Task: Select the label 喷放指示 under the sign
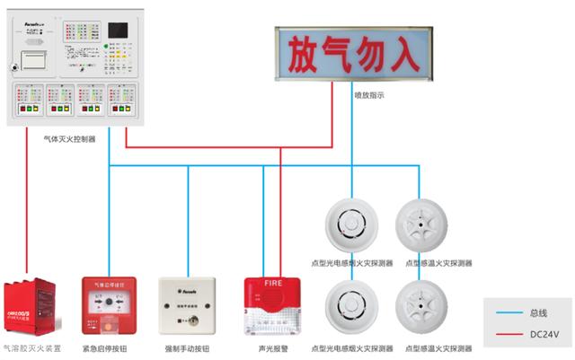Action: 368,93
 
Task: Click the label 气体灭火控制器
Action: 71,139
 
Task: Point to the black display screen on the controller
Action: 117,30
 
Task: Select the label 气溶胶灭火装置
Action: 32,348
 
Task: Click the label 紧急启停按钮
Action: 109,348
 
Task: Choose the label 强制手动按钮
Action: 188,348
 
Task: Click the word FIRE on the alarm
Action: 272,285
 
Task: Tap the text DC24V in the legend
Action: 544,333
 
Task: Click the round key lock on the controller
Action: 13,66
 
